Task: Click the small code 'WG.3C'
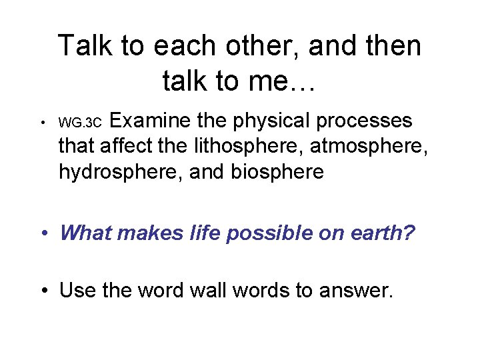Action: click(x=80, y=123)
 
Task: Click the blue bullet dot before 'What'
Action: click(x=45, y=233)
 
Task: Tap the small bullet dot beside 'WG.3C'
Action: click(x=42, y=123)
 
